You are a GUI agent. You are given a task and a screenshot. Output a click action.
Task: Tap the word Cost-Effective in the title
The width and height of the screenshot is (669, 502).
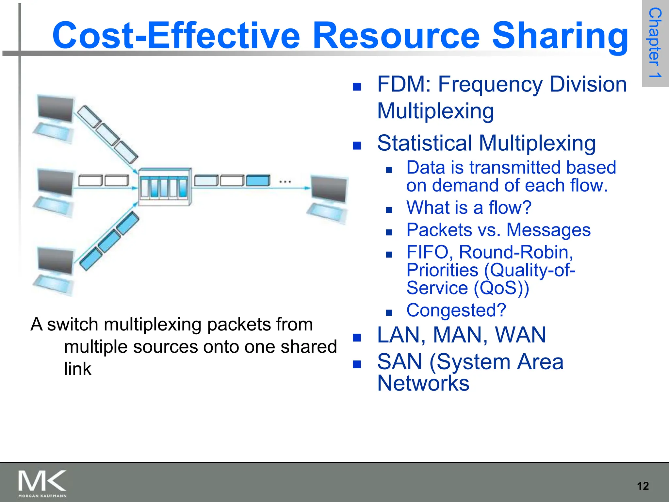point(176,35)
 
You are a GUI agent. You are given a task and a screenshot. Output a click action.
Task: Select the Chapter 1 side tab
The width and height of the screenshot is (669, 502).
point(655,43)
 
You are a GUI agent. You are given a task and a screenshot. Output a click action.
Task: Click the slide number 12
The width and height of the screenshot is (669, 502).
point(643,486)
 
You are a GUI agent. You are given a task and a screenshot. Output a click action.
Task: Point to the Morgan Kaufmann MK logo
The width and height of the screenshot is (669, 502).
point(42,483)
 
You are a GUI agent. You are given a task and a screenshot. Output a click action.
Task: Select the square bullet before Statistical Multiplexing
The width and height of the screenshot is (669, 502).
point(357,145)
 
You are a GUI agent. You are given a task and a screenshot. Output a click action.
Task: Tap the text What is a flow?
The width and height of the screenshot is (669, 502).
point(469,208)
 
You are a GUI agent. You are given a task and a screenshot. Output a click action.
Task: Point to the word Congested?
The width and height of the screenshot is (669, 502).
point(456,310)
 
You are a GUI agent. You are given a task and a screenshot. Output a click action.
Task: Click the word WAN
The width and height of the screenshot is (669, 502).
point(520,335)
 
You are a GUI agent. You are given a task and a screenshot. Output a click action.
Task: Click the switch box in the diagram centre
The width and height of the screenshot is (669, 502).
point(165,187)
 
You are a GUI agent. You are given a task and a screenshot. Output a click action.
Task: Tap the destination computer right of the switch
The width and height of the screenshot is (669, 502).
point(328,199)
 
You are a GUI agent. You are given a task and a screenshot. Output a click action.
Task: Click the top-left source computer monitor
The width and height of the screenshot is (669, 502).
point(55,109)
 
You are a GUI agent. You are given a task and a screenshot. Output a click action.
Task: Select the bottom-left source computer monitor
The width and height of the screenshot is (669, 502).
point(55,260)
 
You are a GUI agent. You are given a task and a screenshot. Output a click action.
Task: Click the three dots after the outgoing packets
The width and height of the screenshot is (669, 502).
point(285,182)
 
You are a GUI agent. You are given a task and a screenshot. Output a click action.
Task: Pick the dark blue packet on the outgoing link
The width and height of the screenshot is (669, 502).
point(258,180)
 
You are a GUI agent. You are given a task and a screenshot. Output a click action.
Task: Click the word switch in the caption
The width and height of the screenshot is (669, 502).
point(73,325)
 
